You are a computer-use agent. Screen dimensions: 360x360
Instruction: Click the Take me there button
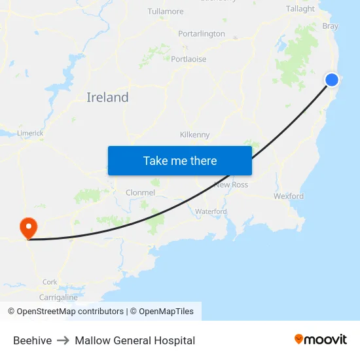180,160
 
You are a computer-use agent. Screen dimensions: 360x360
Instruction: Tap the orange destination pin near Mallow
29,228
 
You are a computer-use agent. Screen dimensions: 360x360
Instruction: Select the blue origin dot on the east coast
332,80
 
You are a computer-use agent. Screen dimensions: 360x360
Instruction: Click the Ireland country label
107,98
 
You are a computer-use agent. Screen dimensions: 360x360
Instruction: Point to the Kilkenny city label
195,135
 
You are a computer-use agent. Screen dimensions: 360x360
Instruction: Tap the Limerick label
30,133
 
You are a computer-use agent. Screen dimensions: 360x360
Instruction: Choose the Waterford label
211,211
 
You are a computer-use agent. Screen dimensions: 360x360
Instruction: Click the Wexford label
289,196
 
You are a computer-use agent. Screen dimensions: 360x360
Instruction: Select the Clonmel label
140,192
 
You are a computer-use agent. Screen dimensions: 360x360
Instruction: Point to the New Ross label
231,185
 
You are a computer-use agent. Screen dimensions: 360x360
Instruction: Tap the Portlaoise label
189,59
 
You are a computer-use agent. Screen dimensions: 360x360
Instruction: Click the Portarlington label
202,33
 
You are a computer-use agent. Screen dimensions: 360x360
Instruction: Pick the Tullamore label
166,11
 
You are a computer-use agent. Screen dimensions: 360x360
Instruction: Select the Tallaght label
300,9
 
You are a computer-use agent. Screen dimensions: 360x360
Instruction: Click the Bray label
331,26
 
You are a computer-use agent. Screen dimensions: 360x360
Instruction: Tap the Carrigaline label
58,297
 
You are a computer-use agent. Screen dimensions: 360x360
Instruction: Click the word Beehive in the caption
32,340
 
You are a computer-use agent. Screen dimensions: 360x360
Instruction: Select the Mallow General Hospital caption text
135,340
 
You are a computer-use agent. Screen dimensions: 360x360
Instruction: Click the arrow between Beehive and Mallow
63,340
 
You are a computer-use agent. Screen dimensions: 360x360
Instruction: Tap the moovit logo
321,339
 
